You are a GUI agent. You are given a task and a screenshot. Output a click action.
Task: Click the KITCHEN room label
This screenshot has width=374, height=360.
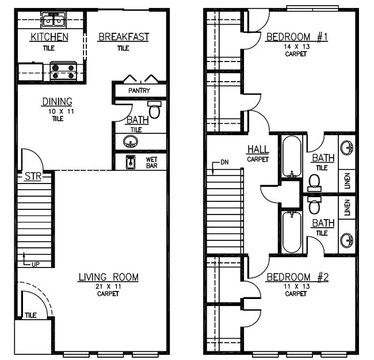click(x=49, y=37)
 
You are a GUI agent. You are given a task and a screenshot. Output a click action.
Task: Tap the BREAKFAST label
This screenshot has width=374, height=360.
click(x=123, y=37)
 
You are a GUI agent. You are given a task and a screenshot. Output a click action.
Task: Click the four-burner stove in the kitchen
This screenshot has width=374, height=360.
click(x=64, y=71)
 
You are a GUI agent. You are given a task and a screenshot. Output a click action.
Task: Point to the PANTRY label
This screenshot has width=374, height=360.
click(x=139, y=91)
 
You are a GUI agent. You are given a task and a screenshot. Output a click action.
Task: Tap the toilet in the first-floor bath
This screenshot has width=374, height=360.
click(x=155, y=109)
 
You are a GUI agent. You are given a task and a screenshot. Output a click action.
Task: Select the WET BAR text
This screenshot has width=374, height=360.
click(x=152, y=162)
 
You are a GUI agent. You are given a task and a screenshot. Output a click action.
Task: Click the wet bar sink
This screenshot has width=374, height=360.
click(x=131, y=162)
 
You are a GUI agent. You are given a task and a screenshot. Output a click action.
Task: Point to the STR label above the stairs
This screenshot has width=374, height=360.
click(x=33, y=177)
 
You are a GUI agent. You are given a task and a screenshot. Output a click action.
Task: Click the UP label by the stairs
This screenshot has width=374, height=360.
click(x=35, y=264)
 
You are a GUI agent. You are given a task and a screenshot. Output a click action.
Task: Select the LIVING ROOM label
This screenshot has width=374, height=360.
click(x=108, y=277)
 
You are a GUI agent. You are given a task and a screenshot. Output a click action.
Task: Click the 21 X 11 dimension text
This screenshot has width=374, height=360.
click(x=108, y=286)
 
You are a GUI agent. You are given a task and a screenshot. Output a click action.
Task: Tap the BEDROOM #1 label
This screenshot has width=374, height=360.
click(x=297, y=37)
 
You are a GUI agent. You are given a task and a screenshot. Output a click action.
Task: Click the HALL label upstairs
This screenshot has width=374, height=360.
click(x=258, y=150)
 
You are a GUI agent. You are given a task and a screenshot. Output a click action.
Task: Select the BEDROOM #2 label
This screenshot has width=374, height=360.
click(x=297, y=277)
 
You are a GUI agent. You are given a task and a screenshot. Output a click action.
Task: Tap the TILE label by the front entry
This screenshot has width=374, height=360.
click(x=30, y=315)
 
